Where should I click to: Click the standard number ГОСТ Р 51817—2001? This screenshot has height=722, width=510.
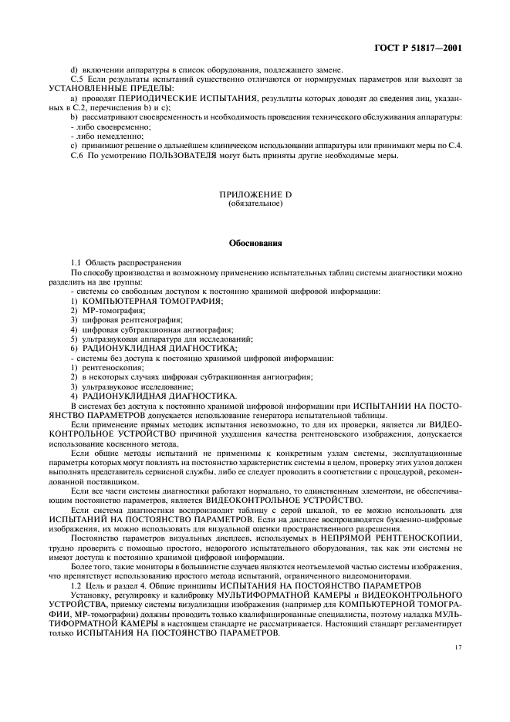pyautogui.click(x=427, y=49)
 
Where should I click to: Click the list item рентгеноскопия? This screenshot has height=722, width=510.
pyautogui.click(x=108, y=369)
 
